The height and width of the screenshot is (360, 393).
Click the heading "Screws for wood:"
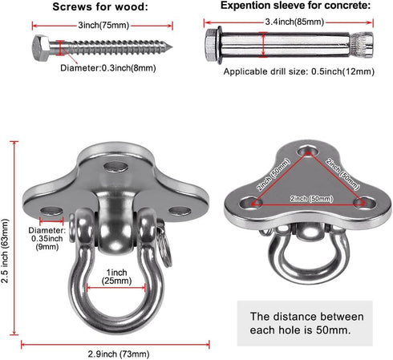(100, 7)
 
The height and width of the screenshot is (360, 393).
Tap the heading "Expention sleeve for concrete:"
(295, 6)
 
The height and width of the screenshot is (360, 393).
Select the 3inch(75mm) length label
(103, 26)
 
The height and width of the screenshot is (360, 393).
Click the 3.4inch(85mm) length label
(294, 22)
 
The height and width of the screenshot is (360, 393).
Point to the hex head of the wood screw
(41, 48)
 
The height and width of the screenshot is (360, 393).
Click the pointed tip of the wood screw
(171, 47)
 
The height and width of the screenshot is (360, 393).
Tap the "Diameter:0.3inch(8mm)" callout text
(108, 68)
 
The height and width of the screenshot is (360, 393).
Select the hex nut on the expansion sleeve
(211, 45)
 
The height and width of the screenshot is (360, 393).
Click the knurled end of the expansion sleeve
(362, 45)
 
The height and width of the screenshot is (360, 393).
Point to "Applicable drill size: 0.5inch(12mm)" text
(299, 71)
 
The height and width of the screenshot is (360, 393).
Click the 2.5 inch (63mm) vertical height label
(5, 251)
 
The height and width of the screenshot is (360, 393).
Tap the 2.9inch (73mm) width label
(119, 354)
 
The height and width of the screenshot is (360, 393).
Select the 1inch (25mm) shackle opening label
(116, 277)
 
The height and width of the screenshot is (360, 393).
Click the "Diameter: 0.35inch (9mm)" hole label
(47, 238)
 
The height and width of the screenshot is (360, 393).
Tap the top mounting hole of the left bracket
(115, 167)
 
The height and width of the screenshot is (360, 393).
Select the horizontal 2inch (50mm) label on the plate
(311, 199)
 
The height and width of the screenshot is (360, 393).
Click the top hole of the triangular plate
(308, 152)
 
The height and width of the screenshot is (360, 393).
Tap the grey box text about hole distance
(306, 323)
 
